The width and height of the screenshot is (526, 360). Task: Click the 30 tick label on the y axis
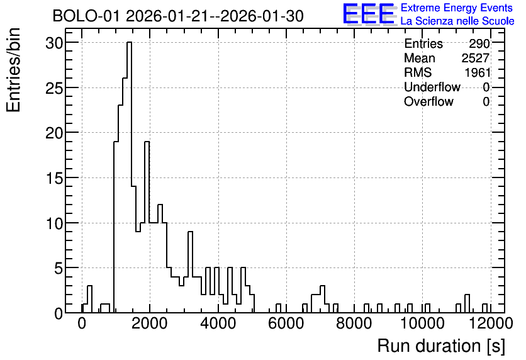(x=54, y=43)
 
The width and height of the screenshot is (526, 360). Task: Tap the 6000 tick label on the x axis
(x=286, y=323)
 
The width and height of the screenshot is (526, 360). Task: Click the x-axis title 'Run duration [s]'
(x=441, y=346)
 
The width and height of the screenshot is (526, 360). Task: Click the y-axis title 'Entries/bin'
(x=14, y=70)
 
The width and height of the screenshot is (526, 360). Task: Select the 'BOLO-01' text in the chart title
(x=86, y=16)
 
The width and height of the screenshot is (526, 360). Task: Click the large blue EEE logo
(x=369, y=14)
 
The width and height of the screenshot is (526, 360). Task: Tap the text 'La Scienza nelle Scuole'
(x=457, y=21)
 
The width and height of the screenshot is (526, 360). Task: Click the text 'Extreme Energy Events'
(x=457, y=8)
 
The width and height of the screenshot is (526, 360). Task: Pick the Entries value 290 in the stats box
(x=479, y=43)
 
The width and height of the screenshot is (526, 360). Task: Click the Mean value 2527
(x=475, y=58)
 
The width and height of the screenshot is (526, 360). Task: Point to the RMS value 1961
(x=478, y=72)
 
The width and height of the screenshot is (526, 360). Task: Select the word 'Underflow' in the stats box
(x=432, y=87)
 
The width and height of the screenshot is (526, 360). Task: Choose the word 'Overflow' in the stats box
(x=428, y=101)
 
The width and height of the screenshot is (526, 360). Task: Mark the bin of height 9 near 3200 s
(x=190, y=272)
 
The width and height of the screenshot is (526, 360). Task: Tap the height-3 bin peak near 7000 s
(x=322, y=299)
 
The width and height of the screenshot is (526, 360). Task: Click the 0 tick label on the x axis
(x=82, y=323)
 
